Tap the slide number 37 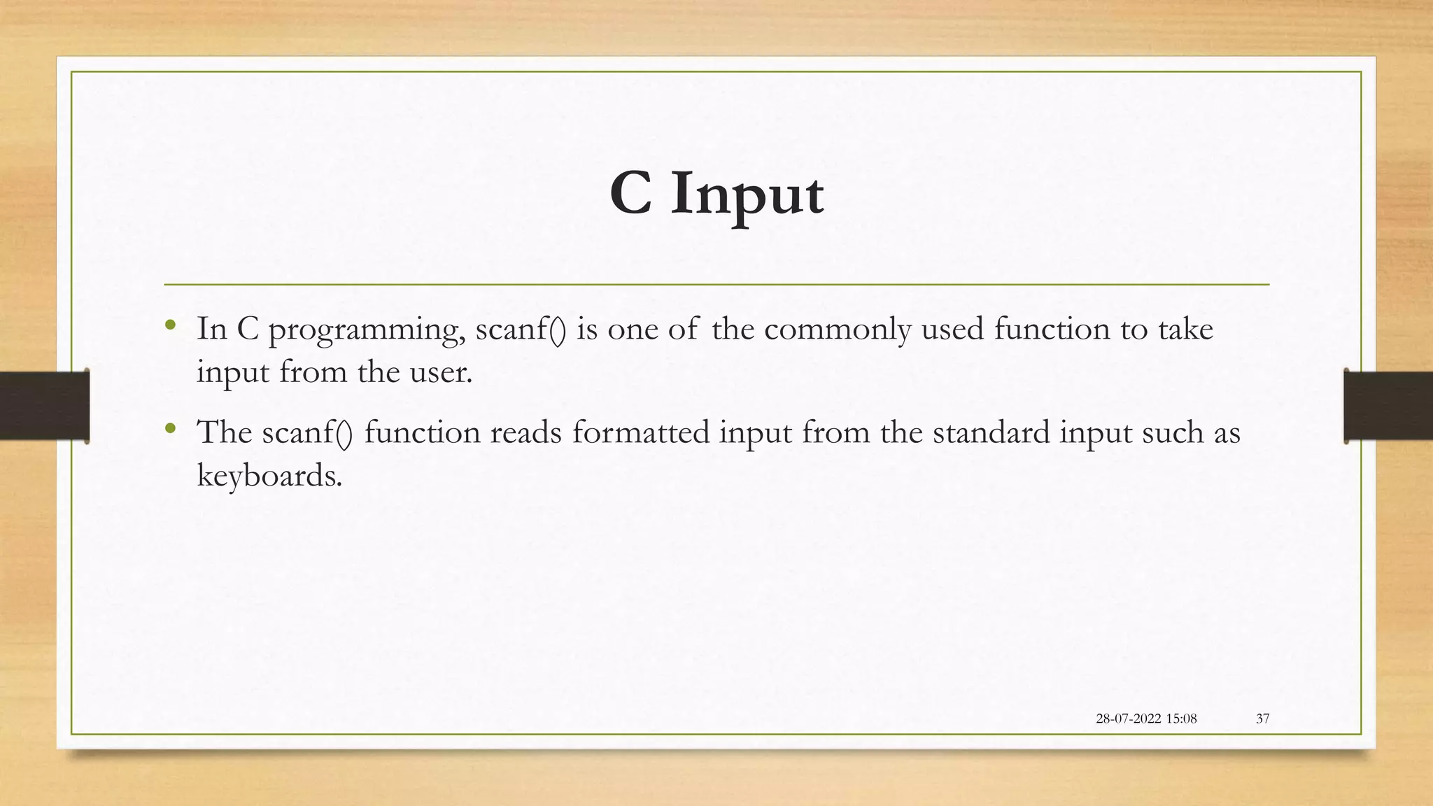pyautogui.click(x=1262, y=719)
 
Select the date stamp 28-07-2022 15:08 pyautogui.click(x=1146, y=719)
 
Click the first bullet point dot pyautogui.click(x=170, y=325)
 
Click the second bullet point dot pyautogui.click(x=170, y=427)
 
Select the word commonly pyautogui.click(x=838, y=329)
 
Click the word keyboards pyautogui.click(x=269, y=476)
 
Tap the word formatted pyautogui.click(x=641, y=432)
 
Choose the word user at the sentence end pyautogui.click(x=439, y=372)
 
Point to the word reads pyautogui.click(x=525, y=432)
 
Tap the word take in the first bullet pyautogui.click(x=1185, y=329)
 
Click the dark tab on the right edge pyautogui.click(x=1388, y=406)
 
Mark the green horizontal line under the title pyautogui.click(x=716, y=285)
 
